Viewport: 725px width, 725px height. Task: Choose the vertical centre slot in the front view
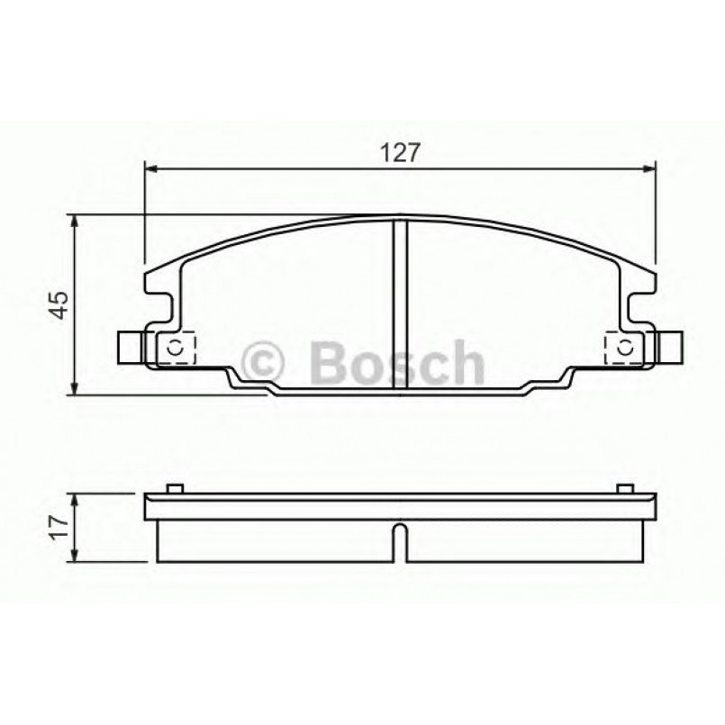point(401,306)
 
